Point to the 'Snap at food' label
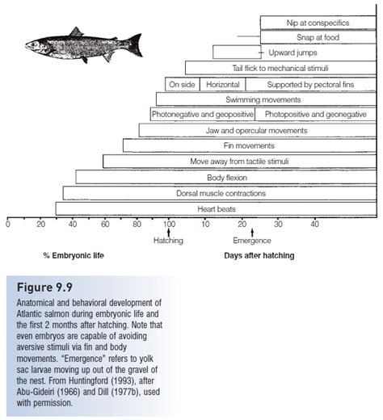tap(318, 37)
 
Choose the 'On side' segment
tap(183, 84)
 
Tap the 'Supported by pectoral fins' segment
tap(310, 84)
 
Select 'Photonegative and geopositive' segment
tap(202, 115)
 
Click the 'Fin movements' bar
tap(249, 146)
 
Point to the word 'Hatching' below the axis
tap(168, 241)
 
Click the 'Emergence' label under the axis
tap(251, 241)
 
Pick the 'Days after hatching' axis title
tap(259, 256)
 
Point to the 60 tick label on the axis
tap(104, 224)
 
